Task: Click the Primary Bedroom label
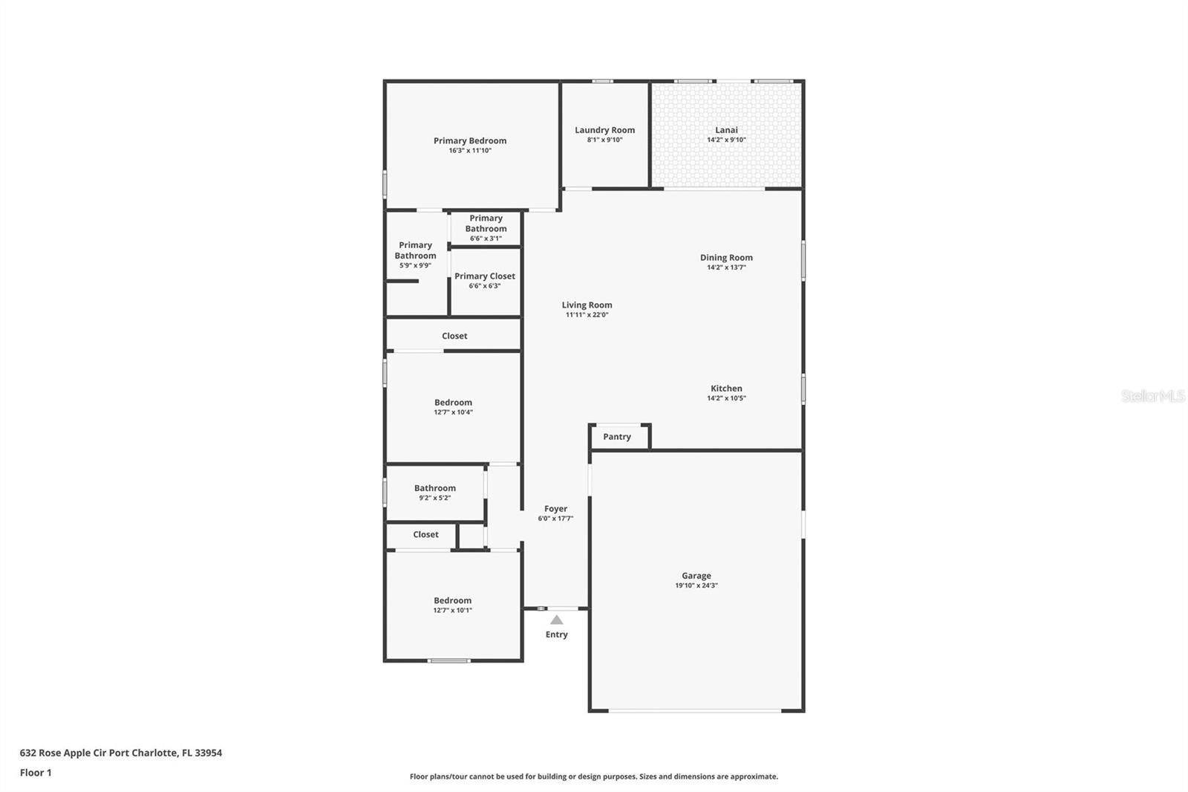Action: (x=470, y=140)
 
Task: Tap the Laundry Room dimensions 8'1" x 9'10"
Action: (x=604, y=140)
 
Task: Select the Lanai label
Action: (x=726, y=130)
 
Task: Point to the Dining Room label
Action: (x=726, y=258)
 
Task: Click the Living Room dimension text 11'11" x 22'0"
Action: (x=587, y=315)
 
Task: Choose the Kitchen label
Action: (x=726, y=389)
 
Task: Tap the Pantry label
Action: (x=617, y=437)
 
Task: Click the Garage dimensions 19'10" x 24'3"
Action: (x=696, y=585)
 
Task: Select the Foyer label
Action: (x=555, y=509)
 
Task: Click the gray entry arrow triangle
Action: (x=556, y=620)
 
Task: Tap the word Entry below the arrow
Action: (x=556, y=634)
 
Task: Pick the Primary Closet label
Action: (x=485, y=276)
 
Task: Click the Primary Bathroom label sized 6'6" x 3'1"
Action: (x=486, y=224)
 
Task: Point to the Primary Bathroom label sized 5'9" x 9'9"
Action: (x=415, y=250)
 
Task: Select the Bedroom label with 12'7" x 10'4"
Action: (x=453, y=403)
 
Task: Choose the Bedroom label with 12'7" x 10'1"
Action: (x=452, y=600)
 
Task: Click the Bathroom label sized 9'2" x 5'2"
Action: (x=435, y=488)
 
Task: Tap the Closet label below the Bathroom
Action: (x=425, y=534)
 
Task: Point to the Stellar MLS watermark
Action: (x=1152, y=396)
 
